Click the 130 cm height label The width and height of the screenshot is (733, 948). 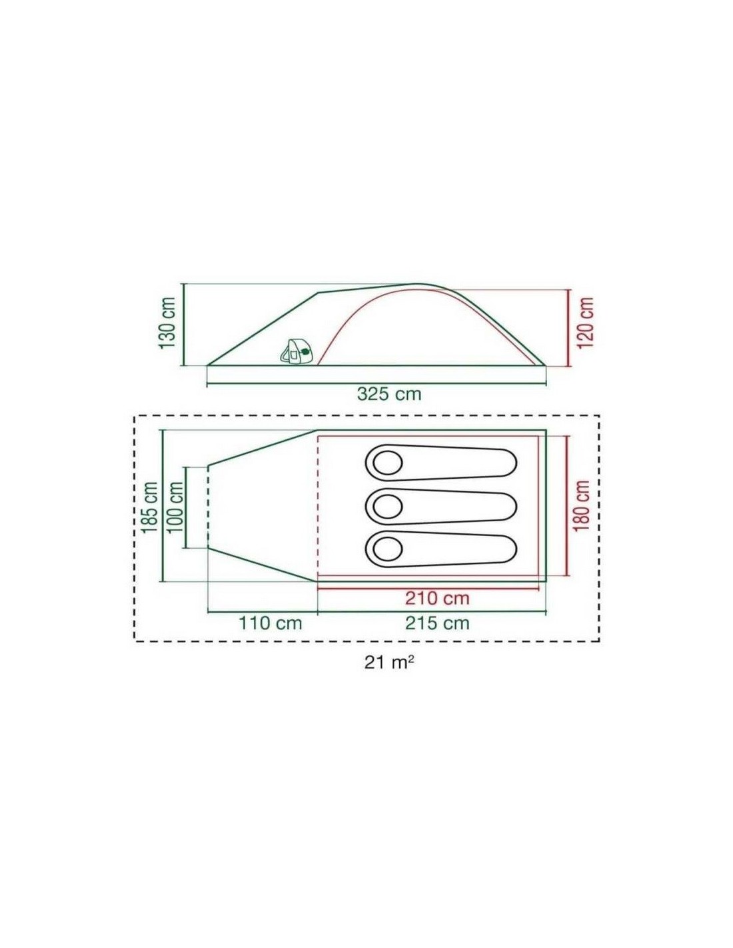[x=167, y=323]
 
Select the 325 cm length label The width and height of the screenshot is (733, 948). [x=389, y=394]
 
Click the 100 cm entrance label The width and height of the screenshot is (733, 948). [x=177, y=508]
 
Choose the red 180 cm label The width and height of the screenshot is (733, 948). [x=582, y=505]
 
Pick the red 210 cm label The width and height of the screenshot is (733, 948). [x=437, y=598]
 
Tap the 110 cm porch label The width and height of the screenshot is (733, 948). [x=270, y=623]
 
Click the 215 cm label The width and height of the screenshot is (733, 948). [x=437, y=623]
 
